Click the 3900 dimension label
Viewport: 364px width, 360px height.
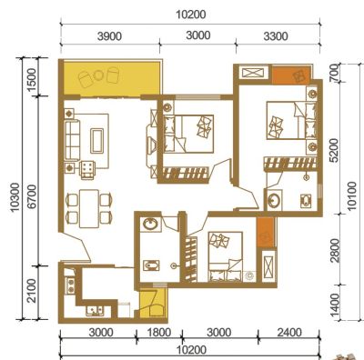pyautogui.click(x=109, y=36)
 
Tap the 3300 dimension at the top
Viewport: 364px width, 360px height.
pyautogui.click(x=276, y=36)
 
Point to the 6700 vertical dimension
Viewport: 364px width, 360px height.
pyautogui.click(x=32, y=196)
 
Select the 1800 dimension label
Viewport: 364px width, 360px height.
pyautogui.click(x=159, y=333)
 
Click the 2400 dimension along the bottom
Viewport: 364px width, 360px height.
pyautogui.click(x=289, y=333)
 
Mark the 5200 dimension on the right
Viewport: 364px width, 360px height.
pyautogui.click(x=334, y=151)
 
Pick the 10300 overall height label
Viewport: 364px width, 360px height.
pyautogui.click(x=15, y=197)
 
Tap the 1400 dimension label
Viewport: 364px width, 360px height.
pyautogui.click(x=334, y=303)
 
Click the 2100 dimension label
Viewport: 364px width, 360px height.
pyautogui.click(x=32, y=291)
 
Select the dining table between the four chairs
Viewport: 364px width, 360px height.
pyautogui.click(x=89, y=209)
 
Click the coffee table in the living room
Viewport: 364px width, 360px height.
pyautogui.click(x=97, y=141)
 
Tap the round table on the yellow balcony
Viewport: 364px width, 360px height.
pyautogui.click(x=98, y=75)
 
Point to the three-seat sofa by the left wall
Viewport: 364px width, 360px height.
pyautogui.click(x=72, y=140)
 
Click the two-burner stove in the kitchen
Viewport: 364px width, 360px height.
pyautogui.click(x=70, y=285)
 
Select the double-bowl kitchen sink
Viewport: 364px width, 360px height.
pyautogui.click(x=95, y=310)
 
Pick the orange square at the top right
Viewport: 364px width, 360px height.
pyautogui.click(x=290, y=75)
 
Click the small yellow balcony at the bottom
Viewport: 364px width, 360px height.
pyautogui.click(x=153, y=303)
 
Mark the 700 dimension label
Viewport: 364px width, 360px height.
pyautogui.click(x=334, y=73)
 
